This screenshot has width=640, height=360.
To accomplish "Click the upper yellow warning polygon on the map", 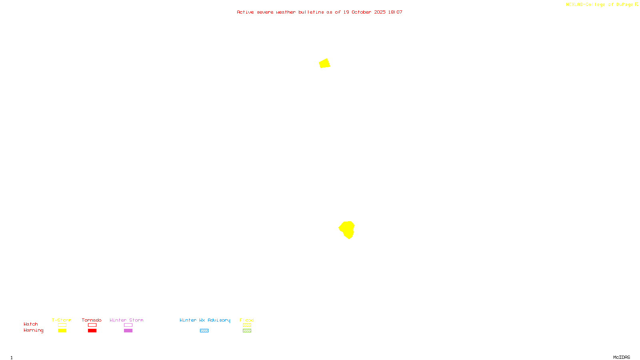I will coord(324,64).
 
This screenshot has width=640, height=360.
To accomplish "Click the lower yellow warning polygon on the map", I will coord(347,229).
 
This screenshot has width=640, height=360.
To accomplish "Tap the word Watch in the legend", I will coord(31,324).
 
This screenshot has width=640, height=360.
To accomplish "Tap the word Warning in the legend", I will coord(33,330).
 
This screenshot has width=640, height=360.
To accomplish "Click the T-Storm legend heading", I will coord(62,320).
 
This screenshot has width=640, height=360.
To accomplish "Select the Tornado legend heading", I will coord(92,320).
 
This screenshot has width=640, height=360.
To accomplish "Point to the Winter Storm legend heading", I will coord(126,320).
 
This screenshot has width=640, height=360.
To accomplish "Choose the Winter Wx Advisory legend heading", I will coord(205,320).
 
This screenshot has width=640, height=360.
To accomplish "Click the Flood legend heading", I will coord(247,320).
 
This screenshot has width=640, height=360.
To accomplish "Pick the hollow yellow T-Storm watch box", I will coord(62,325).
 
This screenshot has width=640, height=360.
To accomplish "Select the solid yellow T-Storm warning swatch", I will coord(62,331).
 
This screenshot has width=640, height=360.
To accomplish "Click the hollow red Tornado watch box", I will coord(92,325).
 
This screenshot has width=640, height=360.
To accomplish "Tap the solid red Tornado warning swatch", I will coord(92,331).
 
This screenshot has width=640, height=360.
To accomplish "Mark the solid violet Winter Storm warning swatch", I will coord(128,331).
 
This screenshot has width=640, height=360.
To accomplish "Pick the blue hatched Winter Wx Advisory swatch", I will coord(204,331).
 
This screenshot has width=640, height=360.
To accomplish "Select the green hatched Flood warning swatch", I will coord(247,331).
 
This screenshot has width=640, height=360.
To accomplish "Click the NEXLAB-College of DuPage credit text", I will coord(600,5).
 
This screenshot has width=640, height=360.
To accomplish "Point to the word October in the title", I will coord(361,12).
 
